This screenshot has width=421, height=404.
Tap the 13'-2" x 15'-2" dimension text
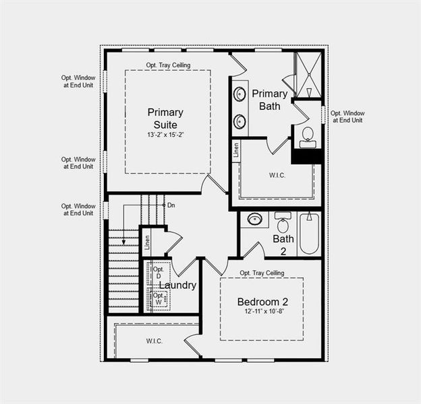[165, 135]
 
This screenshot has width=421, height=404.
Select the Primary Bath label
[270, 100]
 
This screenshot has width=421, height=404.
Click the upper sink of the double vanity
[240, 94]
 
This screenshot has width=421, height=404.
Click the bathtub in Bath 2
[309, 233]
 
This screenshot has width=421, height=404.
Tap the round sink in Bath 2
[255, 220]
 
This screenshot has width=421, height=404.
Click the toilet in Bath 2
[283, 223]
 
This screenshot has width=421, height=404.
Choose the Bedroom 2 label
[262, 301]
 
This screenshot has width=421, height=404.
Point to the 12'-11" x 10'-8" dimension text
[262, 312]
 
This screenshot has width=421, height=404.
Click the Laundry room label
[177, 285]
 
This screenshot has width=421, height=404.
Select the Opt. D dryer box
[159, 273]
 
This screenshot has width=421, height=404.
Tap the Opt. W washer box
[159, 298]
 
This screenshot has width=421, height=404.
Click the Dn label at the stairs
[171, 205]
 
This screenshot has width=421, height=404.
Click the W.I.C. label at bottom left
[154, 341]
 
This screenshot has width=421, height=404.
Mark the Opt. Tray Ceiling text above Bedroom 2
[262, 273]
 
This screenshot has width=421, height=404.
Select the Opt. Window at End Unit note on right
[346, 116]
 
